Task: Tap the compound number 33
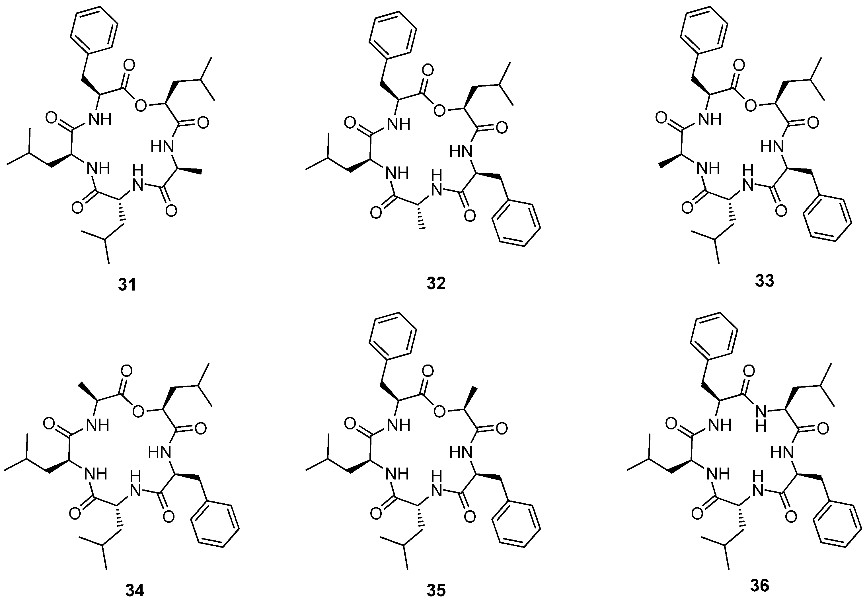(764, 281)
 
